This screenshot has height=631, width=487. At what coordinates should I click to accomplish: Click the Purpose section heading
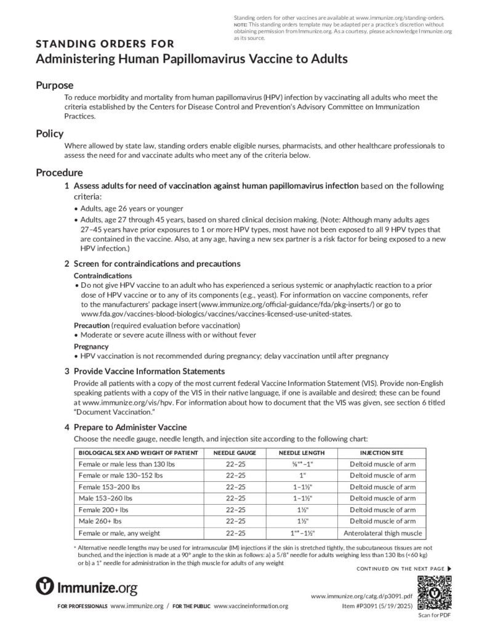coord(54,85)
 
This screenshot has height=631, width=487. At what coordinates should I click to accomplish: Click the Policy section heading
coord(49,133)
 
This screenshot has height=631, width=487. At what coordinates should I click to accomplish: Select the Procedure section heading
coord(59,173)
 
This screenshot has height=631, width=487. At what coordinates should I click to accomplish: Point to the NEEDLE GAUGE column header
coord(235,453)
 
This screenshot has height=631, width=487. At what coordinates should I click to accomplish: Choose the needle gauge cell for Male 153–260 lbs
coord(235,499)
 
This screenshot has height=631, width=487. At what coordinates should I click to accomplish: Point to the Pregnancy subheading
coord(91,346)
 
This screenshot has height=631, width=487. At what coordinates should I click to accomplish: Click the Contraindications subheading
coord(103,275)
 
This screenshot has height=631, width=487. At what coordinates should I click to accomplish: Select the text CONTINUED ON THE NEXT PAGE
coord(400,568)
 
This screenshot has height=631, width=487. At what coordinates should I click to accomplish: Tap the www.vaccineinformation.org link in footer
coord(251,606)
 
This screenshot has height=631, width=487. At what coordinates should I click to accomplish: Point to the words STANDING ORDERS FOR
coord(105,44)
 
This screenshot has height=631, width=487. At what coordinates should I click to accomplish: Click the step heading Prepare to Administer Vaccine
coord(130,427)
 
